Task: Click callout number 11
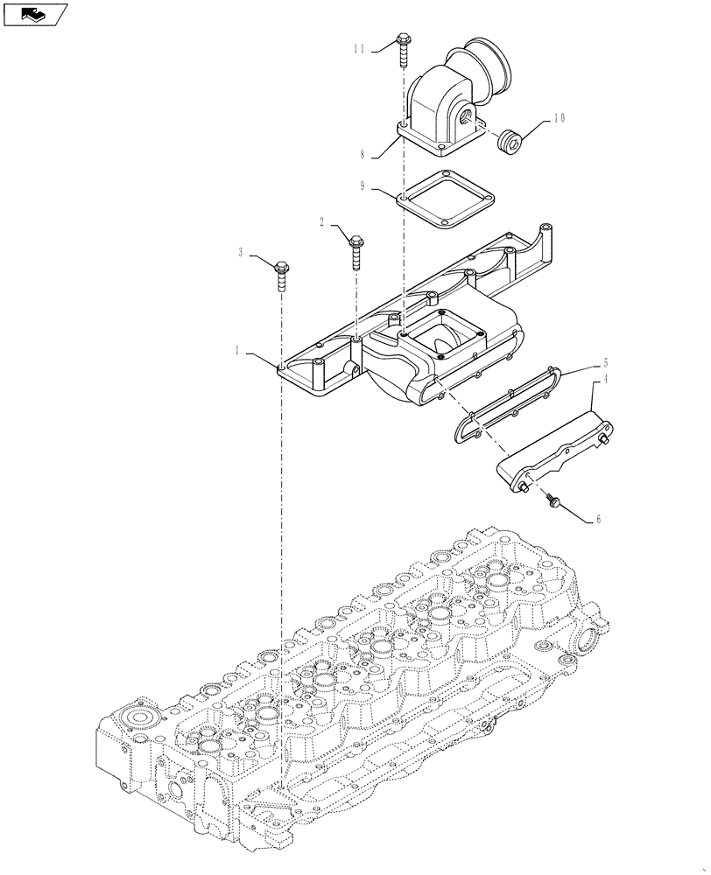359,49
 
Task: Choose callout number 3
241,253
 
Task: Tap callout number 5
604,361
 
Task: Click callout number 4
604,381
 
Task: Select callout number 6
598,519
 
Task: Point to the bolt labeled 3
282,272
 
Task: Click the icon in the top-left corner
34,14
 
